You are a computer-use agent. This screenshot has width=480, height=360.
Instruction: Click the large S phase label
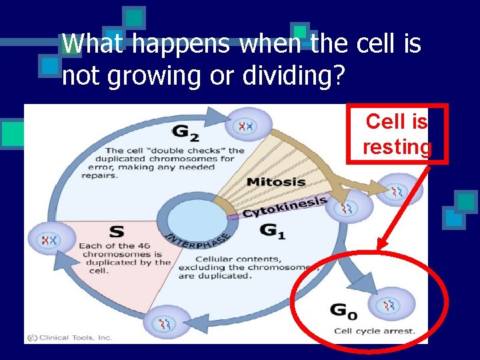[x=116, y=231]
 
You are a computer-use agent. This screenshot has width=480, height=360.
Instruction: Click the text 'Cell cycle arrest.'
[x=374, y=331]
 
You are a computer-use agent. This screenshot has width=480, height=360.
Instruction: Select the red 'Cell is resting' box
[x=397, y=133]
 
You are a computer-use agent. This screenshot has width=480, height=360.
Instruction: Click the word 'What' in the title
[x=94, y=44]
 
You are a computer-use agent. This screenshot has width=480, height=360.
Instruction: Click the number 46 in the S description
[x=142, y=246]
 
